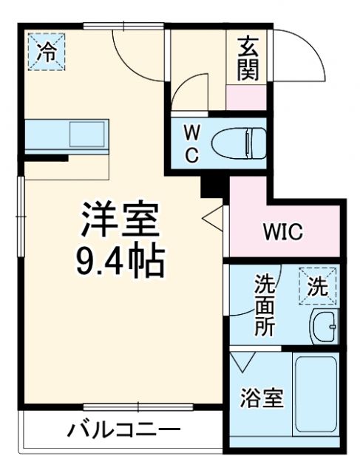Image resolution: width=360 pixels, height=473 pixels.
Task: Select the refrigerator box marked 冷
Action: coord(46,52)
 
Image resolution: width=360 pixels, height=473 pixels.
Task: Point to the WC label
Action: coord(191,143)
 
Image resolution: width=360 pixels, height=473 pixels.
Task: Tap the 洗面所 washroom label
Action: coord(265,304)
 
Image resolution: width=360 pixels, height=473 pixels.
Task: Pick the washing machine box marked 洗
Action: coord(317,287)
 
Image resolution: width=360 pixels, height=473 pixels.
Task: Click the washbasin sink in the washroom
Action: coord(324,325)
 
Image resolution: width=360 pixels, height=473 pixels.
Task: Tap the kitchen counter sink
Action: coord(87,135)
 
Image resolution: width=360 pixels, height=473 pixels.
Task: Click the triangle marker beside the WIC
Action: coord(214,220)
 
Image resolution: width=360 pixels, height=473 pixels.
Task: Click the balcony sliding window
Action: coord(138,406)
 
